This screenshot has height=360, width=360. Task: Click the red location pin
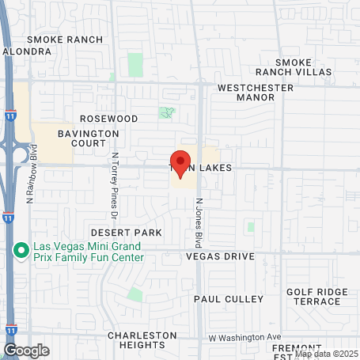tap(180, 164)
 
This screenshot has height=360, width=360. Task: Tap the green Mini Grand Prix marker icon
tap(23, 251)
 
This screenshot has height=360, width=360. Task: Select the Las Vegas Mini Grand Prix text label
tap(88, 251)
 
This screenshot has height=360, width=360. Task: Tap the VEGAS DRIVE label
tap(220, 256)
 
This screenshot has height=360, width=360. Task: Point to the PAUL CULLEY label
tap(229, 299)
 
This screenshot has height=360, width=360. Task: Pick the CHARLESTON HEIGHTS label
tap(142, 340)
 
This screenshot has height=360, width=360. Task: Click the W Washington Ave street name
tap(245, 337)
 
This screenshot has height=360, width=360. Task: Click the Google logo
tap(26, 350)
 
